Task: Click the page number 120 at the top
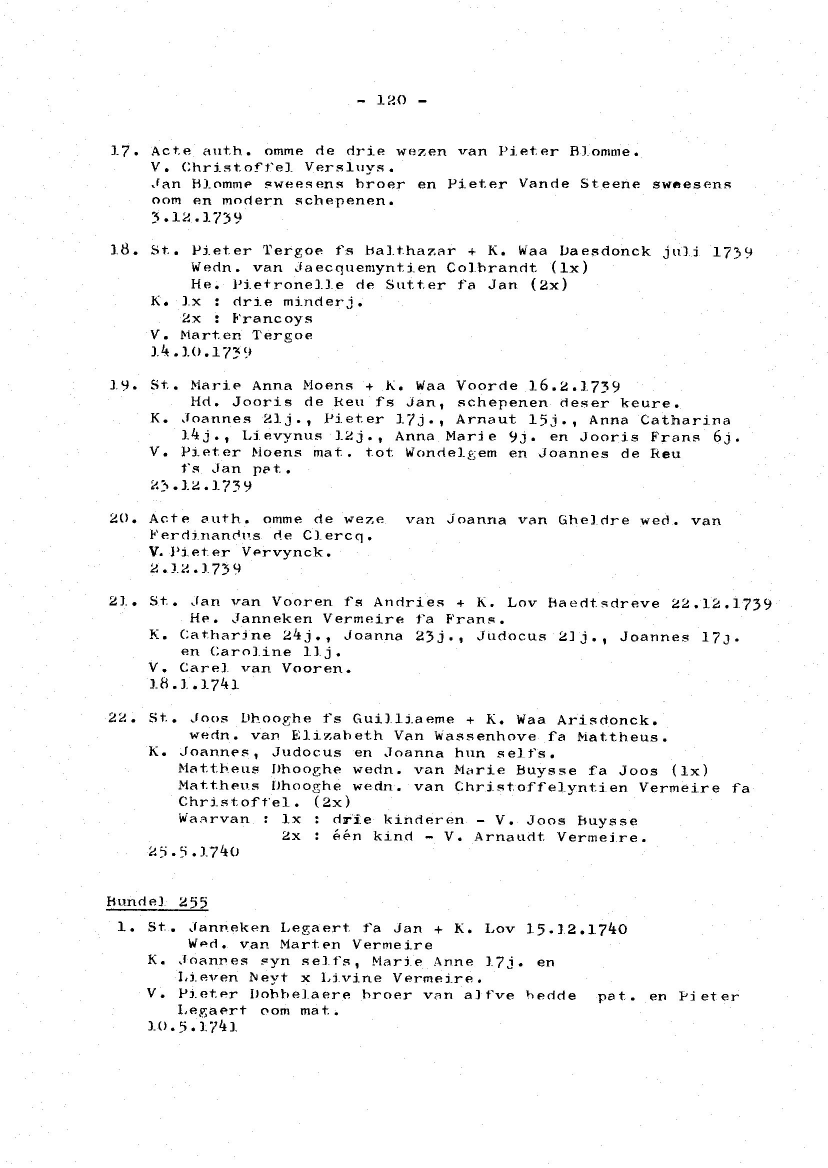(x=391, y=100)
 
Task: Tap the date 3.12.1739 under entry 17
(x=196, y=217)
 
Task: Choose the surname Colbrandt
(x=491, y=267)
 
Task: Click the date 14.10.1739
(x=201, y=352)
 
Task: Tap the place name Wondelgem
(x=451, y=453)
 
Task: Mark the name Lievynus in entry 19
(x=282, y=436)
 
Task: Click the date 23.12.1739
(x=201, y=485)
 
